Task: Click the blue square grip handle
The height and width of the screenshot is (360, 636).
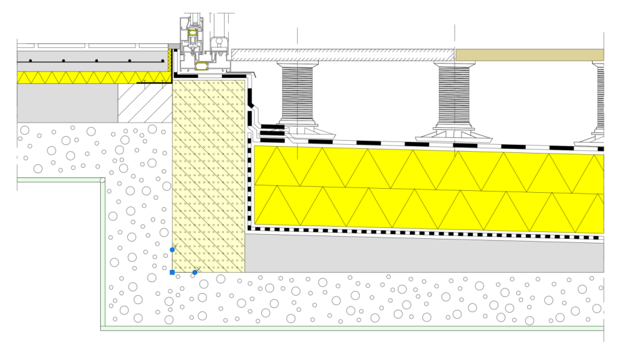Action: tap(173, 272)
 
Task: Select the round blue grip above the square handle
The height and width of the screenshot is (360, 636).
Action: tap(173, 250)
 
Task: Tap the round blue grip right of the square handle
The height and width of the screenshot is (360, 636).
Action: tap(195, 272)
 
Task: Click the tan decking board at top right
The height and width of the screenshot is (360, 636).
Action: tap(529, 55)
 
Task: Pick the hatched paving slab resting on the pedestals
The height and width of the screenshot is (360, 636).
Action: tap(342, 55)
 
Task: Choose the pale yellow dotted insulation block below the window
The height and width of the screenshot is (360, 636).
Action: tap(208, 176)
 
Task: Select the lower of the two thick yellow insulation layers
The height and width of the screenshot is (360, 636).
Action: tap(426, 206)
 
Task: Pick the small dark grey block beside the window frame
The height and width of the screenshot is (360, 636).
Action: tap(174, 46)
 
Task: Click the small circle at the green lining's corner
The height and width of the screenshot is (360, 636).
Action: tap(102, 180)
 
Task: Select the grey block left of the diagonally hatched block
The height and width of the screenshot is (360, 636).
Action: tap(67, 103)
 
